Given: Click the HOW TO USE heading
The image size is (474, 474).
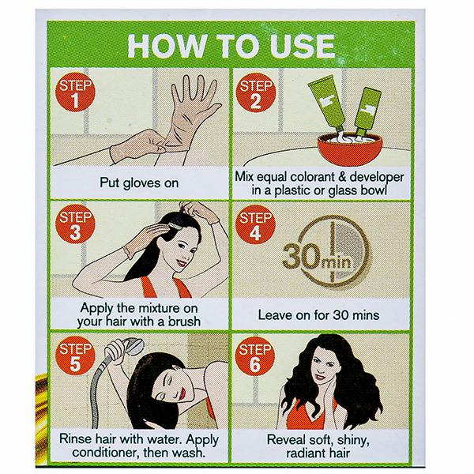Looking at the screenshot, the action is tap(231, 47).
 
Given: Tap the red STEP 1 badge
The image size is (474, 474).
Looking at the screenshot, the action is tap(76, 92).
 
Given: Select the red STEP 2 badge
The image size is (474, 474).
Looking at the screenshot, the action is tap(256, 92).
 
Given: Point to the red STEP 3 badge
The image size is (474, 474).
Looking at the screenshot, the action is tap(76, 224).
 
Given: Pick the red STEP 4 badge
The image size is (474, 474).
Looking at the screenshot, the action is tap(256, 224).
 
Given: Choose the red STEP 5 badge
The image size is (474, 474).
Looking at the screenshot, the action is tap(76, 355).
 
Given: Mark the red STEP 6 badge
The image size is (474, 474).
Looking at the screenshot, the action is tap(255, 356).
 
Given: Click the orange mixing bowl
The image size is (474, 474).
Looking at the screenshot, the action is tap(350, 150).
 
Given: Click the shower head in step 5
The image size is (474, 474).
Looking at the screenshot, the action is tap(130, 347).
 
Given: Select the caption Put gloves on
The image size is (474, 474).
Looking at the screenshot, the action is tap(139, 183).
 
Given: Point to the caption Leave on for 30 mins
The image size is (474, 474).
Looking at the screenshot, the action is tap(318, 315).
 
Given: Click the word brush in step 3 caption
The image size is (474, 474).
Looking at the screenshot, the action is tap(184, 322).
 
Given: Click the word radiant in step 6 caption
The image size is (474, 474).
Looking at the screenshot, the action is tap(306, 453).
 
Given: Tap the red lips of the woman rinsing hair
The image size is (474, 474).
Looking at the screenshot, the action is tap(183, 393).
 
